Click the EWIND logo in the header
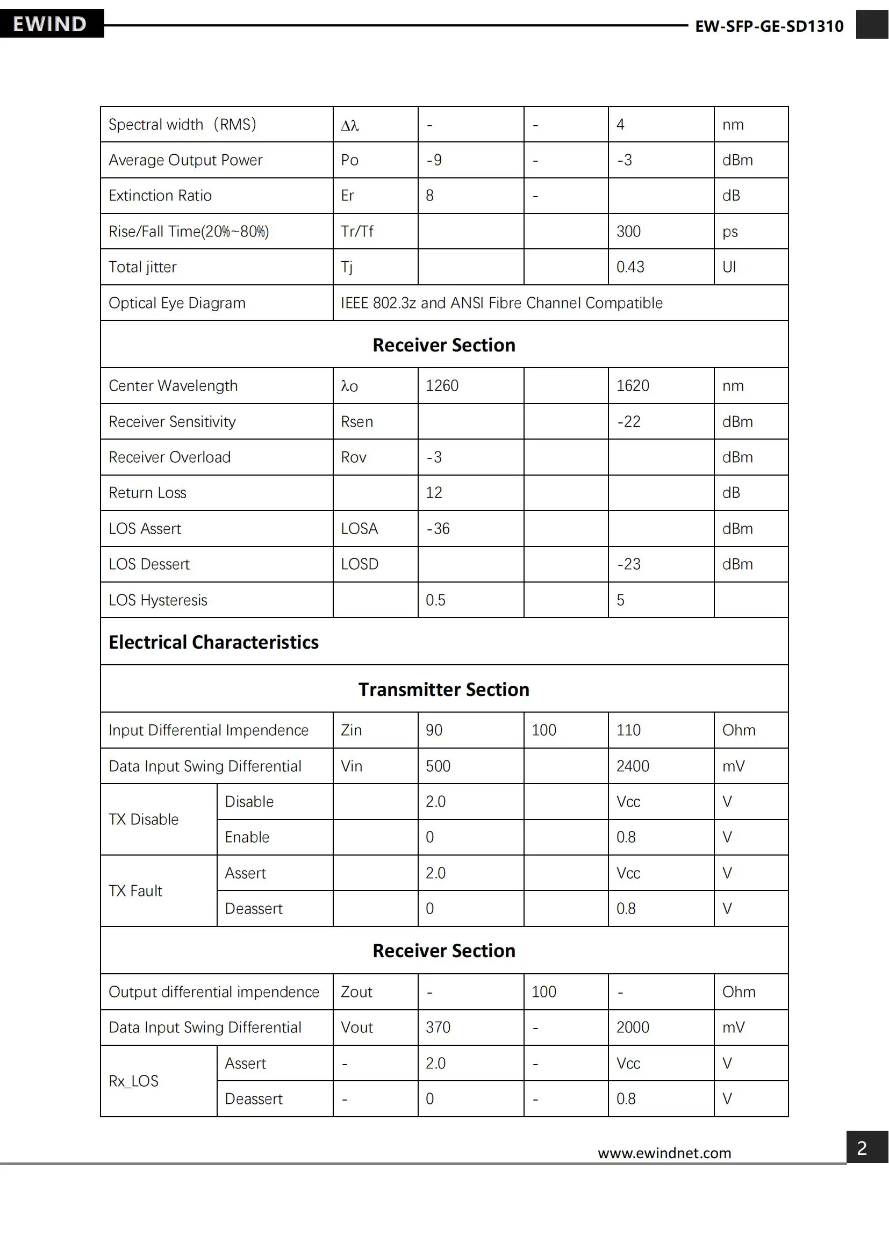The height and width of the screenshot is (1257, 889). (50, 24)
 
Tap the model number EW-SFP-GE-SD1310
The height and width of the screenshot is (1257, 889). (769, 26)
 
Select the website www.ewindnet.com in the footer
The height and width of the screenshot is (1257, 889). (664, 1153)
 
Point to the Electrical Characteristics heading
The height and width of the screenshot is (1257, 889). (213, 642)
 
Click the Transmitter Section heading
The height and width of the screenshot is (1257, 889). (444, 689)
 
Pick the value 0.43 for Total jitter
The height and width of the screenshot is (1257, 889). (630, 267)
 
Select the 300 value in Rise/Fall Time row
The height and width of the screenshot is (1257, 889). (628, 232)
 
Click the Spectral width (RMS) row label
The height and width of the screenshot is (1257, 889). (182, 125)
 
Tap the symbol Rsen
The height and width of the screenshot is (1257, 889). (357, 421)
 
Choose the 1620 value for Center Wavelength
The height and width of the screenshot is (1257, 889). (632, 386)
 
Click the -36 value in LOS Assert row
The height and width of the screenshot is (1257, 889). (438, 529)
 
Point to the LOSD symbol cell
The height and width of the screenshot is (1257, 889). (360, 564)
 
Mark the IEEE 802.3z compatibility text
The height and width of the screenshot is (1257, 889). (501, 303)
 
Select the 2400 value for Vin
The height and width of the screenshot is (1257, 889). (632, 766)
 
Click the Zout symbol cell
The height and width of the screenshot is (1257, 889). (356, 992)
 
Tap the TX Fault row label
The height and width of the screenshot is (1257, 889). (135, 890)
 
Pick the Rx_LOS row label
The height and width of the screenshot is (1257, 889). (134, 1081)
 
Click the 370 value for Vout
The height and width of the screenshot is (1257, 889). (438, 1028)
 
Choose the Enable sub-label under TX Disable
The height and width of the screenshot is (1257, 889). (247, 837)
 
